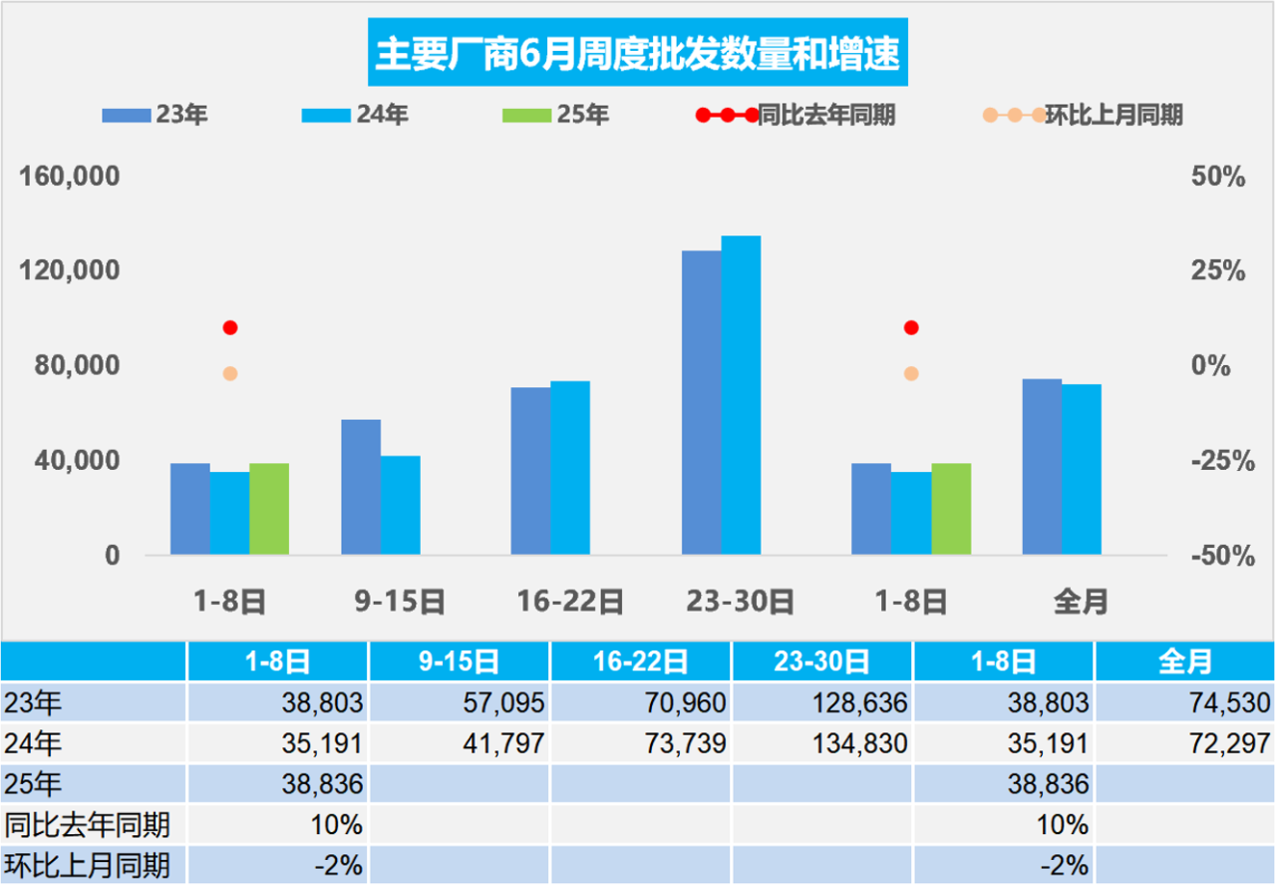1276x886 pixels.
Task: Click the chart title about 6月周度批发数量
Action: click(x=637, y=53)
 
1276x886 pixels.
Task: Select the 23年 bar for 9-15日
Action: click(x=361, y=487)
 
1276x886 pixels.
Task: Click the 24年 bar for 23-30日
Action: click(x=741, y=395)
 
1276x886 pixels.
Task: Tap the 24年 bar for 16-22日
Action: click(x=570, y=467)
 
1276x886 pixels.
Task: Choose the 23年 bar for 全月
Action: click(x=1042, y=467)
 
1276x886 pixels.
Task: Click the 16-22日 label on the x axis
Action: click(x=570, y=602)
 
